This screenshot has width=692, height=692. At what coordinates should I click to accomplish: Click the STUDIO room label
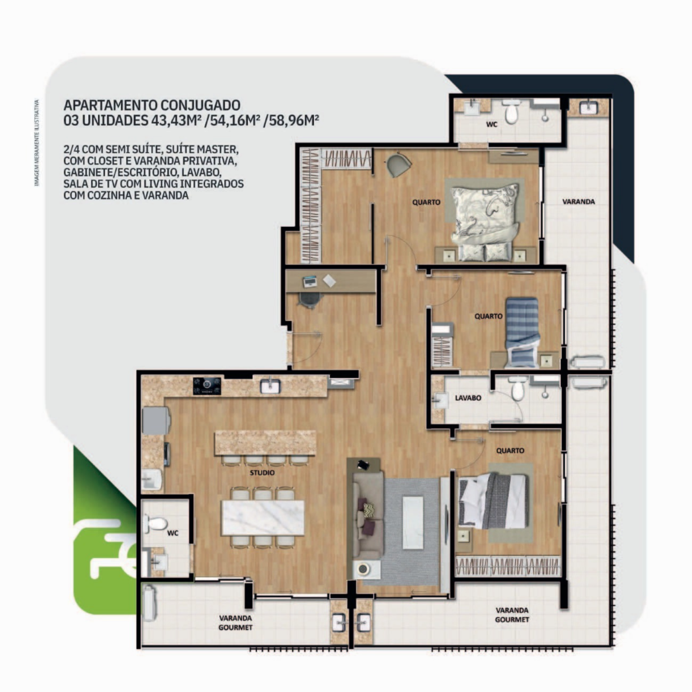[262, 473]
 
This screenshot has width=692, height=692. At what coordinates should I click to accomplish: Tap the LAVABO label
[468, 398]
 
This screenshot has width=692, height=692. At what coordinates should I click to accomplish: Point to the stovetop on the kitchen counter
[207, 386]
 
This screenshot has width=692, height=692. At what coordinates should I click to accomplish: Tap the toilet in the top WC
[511, 111]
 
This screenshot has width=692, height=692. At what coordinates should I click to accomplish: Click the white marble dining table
[263, 518]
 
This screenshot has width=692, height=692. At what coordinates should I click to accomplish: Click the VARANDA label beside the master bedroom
[578, 202]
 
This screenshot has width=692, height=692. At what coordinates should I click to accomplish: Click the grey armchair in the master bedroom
[399, 165]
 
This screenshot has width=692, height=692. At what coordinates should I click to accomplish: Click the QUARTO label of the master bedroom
[426, 202]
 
